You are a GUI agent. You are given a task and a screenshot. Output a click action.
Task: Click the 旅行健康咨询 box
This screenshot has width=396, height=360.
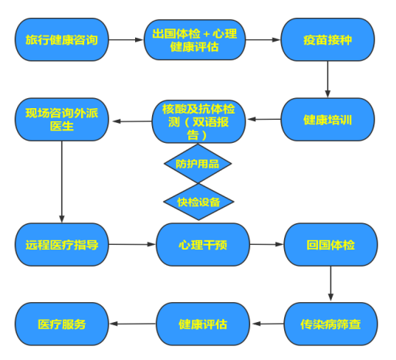tap(62, 39)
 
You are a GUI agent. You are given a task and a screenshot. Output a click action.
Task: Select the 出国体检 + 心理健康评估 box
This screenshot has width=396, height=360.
tap(195, 40)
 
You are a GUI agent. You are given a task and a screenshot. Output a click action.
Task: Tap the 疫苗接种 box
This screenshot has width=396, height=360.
tap(327, 39)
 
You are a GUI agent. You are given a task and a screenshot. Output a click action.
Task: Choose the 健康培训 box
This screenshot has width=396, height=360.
tap(327, 120)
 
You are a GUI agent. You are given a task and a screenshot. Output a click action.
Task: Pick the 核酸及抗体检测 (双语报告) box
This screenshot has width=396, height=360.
tap(198, 121)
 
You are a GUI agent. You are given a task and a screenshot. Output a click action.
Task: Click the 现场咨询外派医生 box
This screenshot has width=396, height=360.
tap(62, 120)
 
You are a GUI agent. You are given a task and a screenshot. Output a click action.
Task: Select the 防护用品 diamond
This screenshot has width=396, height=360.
tap(198, 164)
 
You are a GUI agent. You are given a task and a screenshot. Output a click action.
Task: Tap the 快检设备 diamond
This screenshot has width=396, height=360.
tap(198, 202)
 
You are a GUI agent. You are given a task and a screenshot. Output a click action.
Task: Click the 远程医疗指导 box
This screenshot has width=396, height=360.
tap(62, 245)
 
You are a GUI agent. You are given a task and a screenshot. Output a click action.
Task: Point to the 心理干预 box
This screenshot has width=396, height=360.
tap(203, 245)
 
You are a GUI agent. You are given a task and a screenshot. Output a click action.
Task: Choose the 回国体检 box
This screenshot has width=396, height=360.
tap(330, 245)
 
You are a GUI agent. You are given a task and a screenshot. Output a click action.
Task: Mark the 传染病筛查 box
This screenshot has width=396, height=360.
tap(330, 324)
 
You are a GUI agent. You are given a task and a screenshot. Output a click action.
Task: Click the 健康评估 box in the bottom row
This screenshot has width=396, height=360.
tap(203, 324)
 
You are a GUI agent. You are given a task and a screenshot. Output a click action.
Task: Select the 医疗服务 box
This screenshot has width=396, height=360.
tap(62, 324)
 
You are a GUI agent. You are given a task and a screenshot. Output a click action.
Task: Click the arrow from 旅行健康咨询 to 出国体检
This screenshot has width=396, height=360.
tap(126, 39)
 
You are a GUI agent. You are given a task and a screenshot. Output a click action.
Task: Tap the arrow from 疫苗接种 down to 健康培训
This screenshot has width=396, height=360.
tap(327, 80)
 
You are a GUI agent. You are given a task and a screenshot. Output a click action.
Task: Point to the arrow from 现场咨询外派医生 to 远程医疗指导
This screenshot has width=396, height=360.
tap(62, 182)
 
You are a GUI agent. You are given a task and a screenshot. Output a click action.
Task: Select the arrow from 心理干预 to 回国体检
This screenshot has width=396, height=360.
tap(267, 244)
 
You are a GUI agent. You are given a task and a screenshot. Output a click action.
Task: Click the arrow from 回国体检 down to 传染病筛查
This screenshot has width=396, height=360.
tap(330, 284)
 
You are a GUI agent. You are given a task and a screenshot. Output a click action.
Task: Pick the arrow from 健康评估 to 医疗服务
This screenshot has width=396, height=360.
tap(133, 324)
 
